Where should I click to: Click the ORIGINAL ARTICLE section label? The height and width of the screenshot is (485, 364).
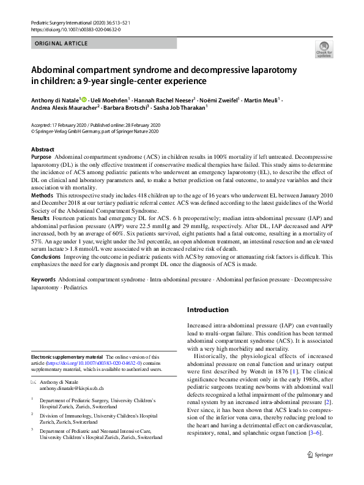pyautogui.click(x=62, y=44)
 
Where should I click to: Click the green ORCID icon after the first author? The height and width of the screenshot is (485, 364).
pyautogui.click(x=84, y=98)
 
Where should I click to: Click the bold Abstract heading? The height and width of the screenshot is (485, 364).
pyautogui.click(x=44, y=150)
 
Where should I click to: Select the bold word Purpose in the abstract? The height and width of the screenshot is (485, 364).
pyautogui.click(x=42, y=158)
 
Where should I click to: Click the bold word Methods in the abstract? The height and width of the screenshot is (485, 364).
pyautogui.click(x=42, y=194)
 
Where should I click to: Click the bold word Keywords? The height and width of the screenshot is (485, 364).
pyautogui.click(x=43, y=279)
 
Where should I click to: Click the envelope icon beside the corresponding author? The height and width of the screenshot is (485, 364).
pyautogui.click(x=34, y=381)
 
